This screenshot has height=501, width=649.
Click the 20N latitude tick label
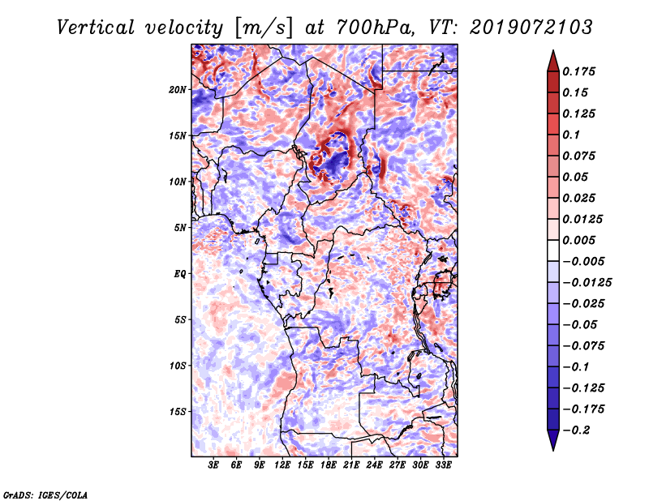tap(178, 90)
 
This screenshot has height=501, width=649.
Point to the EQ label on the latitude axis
tap(180, 274)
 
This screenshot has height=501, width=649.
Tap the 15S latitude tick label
tap(178, 412)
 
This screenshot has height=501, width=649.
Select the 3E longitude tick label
tap(213, 465)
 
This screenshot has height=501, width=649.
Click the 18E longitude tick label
tap(329, 465)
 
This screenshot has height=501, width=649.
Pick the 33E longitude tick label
tap(443, 465)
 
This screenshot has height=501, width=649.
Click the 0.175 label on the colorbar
tap(578, 71)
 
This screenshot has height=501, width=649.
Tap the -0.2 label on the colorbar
tap(576, 430)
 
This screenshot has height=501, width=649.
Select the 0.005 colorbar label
tap(578, 240)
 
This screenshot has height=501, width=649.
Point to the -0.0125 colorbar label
tap(587, 283)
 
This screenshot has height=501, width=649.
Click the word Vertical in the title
tap(96, 28)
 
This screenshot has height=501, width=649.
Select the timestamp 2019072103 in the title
tap(531, 28)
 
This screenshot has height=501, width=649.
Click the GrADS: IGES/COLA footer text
tap(45, 495)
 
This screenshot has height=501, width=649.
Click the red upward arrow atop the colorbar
tap(553, 61)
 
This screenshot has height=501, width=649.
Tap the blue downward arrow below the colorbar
tap(553, 440)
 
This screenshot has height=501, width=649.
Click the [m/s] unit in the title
tap(264, 28)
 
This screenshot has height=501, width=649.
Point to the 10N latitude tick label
tap(178, 182)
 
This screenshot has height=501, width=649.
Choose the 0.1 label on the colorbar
tap(571, 135)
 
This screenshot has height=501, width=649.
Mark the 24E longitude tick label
tap(374, 465)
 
